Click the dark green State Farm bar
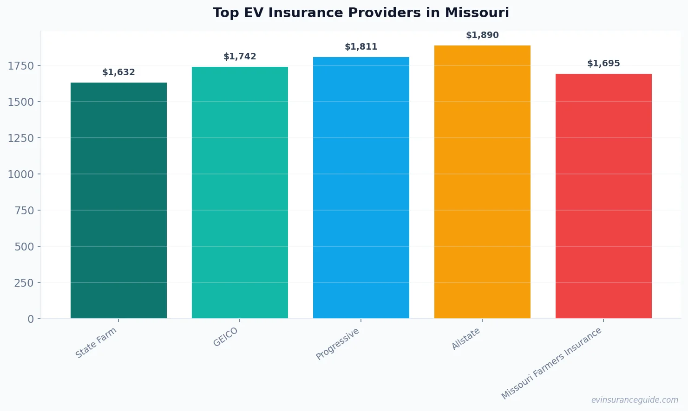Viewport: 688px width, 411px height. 118,200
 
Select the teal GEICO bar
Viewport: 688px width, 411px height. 240,193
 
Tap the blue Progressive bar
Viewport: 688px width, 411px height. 361,187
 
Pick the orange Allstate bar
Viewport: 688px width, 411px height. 482,182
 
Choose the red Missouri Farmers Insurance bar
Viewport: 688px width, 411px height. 603,196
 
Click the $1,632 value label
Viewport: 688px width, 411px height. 118,72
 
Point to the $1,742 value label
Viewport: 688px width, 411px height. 240,57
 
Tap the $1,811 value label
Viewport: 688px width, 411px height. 361,47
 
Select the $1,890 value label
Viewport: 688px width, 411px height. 482,35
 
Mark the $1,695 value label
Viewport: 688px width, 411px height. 603,64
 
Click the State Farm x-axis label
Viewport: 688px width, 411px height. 96,342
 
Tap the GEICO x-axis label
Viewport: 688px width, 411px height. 226,337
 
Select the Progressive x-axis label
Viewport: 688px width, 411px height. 338,344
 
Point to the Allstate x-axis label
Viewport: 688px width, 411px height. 466,339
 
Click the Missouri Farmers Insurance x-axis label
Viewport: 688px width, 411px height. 551,363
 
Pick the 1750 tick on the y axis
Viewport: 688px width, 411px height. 21,66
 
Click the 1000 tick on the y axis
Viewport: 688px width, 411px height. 21,174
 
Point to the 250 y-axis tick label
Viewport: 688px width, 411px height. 24,283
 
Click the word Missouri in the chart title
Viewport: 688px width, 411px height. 477,13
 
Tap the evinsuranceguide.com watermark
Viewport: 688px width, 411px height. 635,400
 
